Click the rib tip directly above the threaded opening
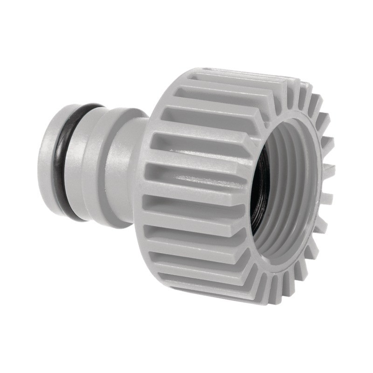coord(298,89)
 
